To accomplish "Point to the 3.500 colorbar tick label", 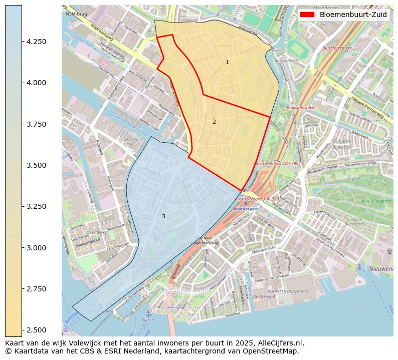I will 37,165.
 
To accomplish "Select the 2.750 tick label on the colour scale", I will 37,289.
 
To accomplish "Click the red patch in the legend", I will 308,15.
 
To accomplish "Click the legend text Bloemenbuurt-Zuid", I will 353,15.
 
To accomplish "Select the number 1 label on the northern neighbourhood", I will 227,63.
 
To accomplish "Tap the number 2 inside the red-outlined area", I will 214,122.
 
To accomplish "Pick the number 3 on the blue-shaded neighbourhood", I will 163,216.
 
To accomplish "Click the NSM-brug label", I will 76,14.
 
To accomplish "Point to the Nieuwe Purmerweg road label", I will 367,107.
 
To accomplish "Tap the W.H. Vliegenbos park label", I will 376,201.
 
